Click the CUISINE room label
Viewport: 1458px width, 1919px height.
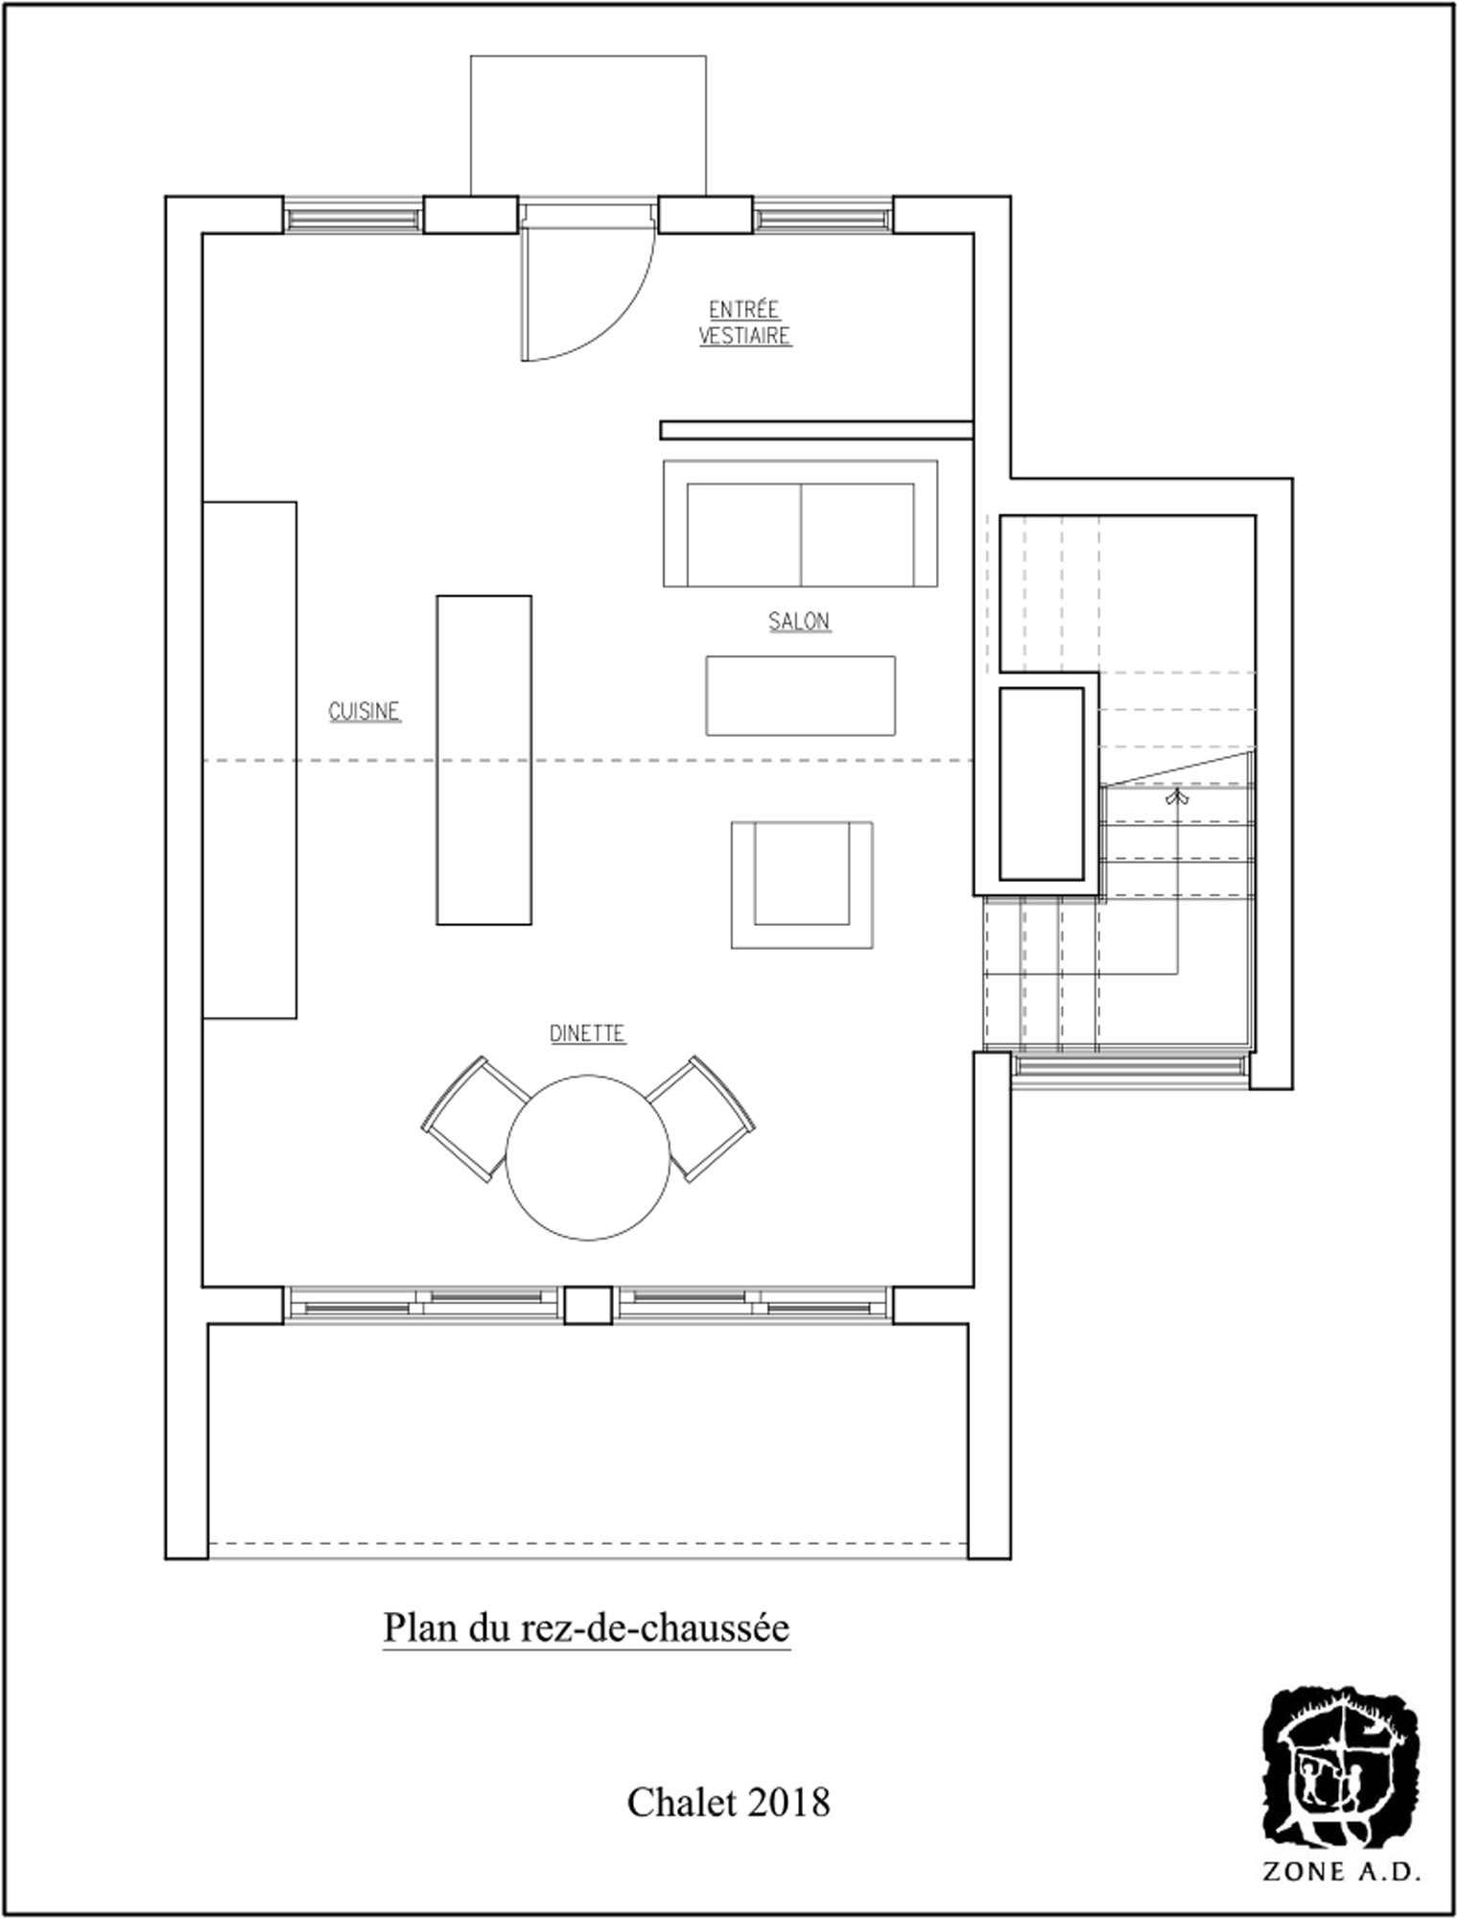coord(364,711)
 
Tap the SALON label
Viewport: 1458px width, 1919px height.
coord(799,621)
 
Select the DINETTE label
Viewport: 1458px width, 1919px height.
coord(588,1033)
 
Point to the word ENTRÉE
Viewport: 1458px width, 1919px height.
coord(744,310)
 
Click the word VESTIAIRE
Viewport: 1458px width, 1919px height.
coord(745,336)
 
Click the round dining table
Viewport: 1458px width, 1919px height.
coord(588,1157)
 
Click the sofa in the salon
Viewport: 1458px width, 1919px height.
coord(800,523)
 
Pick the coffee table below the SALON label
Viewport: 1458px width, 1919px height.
coord(801,696)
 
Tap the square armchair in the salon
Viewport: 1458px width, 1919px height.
coord(802,885)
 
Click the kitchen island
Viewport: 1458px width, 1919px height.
coord(484,760)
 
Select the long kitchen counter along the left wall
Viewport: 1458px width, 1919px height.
coord(249,759)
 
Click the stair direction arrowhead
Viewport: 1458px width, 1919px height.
coord(1177,795)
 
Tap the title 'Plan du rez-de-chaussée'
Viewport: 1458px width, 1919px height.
coord(587,1628)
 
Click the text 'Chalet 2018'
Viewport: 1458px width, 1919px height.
coord(728,1803)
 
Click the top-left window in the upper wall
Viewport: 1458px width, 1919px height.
coord(354,216)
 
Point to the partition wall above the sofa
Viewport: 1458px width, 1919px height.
coord(817,430)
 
